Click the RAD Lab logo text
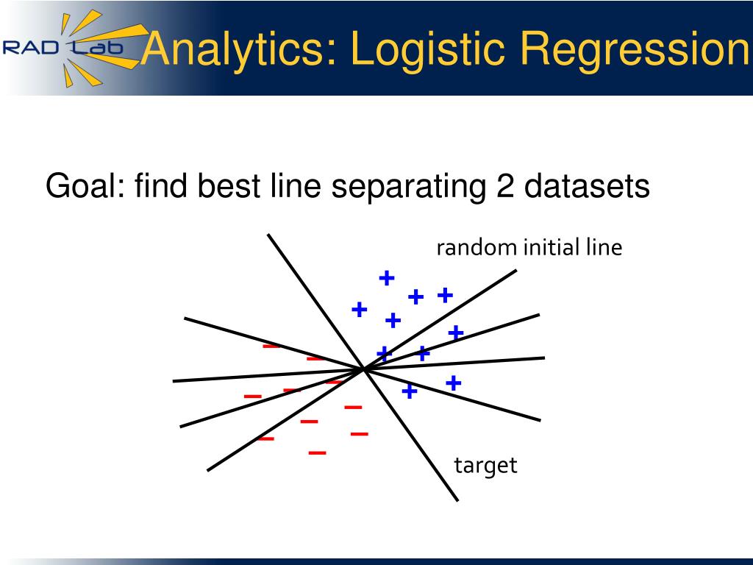pos(63,48)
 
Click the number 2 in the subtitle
pos(506,186)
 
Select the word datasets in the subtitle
pos(587,186)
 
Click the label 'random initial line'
pos(529,247)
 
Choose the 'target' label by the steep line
pos(485,466)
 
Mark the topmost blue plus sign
pos(387,277)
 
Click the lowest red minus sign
pos(317,452)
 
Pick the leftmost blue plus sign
pos(359,310)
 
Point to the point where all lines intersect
pos(364,369)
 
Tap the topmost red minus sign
pos(271,346)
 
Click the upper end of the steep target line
pos(268,235)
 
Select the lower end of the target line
pos(457,500)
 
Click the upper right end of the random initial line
pos(516,271)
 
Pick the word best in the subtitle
pos(229,185)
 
